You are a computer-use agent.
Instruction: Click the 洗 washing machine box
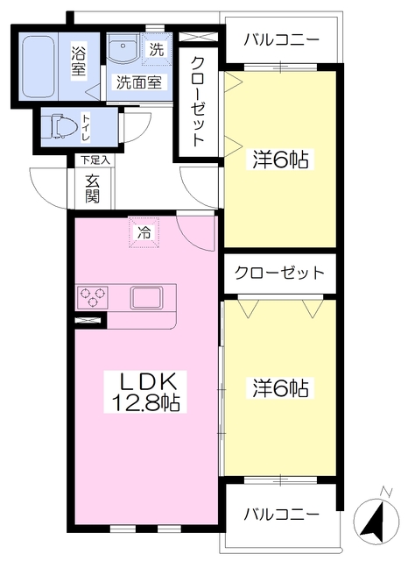click(156, 50)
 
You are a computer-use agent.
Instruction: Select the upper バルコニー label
click(281, 40)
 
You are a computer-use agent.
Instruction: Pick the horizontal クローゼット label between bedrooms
click(279, 273)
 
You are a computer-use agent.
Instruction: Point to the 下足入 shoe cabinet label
click(95, 160)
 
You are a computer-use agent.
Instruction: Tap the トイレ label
click(87, 128)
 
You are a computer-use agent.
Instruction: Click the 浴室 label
click(78, 60)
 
